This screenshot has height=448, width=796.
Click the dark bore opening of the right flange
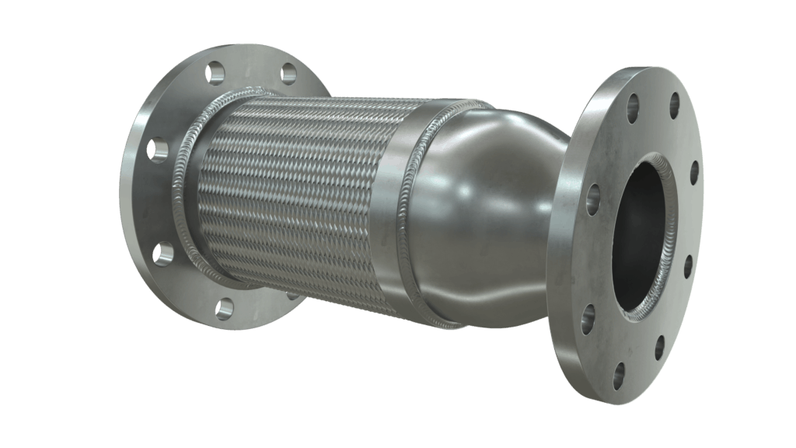pos(634,233)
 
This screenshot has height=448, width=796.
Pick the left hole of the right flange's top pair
pos(633,108)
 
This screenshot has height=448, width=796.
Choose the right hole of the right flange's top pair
pos(673,105)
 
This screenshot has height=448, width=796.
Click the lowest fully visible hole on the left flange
pos(224,308)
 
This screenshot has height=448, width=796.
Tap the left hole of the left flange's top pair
pos(215,72)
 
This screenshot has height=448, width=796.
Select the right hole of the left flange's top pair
pos(288,74)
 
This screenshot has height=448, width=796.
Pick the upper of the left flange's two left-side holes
pos(158,149)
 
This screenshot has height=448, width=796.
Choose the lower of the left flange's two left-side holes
pos(163,253)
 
